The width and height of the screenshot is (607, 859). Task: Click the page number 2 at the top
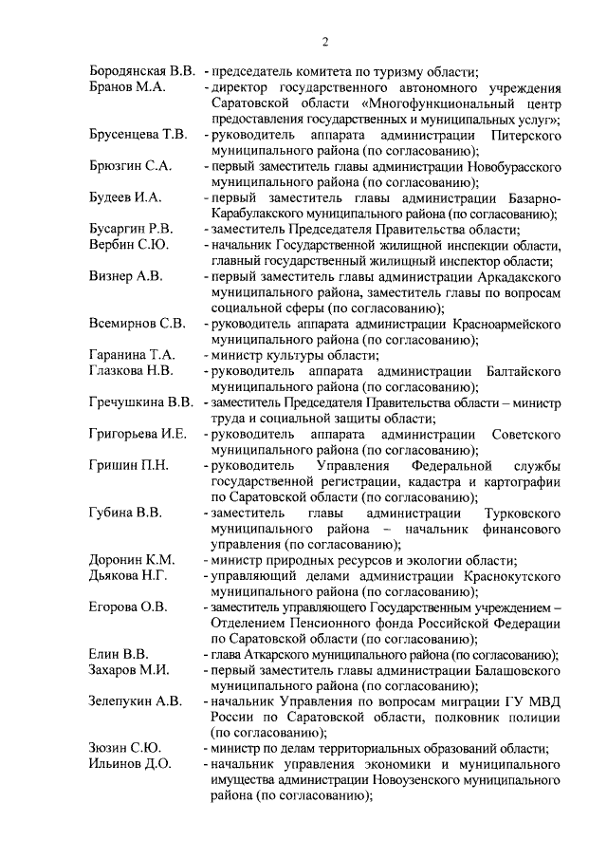point(324,42)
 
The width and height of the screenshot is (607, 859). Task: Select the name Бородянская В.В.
point(143,72)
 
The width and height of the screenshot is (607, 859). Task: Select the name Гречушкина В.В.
point(141,401)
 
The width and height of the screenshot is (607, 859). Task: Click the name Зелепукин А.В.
point(135,700)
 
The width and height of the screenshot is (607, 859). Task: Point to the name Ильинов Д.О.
point(130,763)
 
